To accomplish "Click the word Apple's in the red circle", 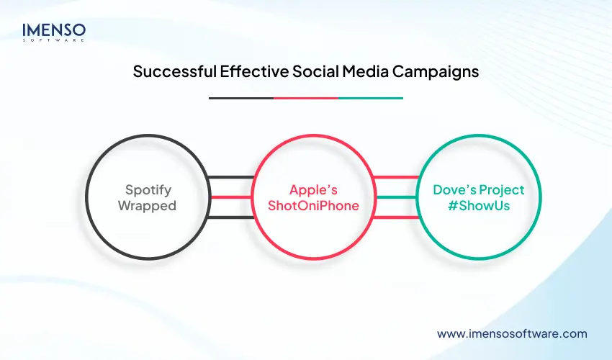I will click(313, 190).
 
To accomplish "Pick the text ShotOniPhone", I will click(313, 205).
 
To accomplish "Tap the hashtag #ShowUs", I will click(479, 205).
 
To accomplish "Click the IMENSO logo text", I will click(54, 30).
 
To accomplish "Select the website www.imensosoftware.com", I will click(512, 333).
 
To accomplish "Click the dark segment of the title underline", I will click(240, 98).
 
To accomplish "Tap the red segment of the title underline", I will click(306, 98).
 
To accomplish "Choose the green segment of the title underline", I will click(371, 98).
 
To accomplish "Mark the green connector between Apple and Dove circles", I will click(395, 197).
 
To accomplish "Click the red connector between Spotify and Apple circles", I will click(230, 197).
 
